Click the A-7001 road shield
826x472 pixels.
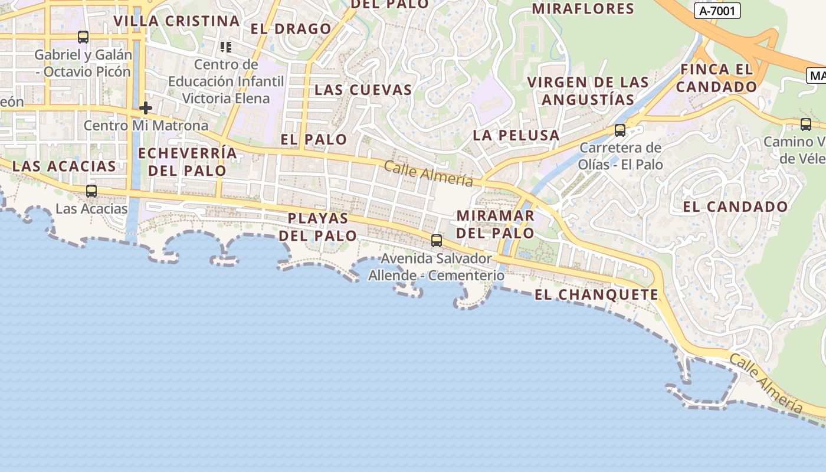717,11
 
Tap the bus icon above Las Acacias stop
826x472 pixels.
91,191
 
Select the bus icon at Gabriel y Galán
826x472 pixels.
83,37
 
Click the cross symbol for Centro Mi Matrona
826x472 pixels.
145,108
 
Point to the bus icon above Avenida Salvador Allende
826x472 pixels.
437,240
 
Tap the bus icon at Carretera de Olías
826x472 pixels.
620,130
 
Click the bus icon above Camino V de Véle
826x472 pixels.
806,124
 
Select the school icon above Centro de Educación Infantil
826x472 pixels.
226,47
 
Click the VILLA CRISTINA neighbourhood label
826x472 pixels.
176,21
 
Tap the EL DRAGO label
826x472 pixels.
291,29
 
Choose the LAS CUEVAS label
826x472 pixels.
363,90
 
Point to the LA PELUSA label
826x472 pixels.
516,135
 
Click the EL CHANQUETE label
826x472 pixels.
596,294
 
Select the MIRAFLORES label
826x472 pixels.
583,9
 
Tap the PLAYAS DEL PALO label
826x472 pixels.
318,227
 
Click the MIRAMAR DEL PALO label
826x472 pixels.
496,224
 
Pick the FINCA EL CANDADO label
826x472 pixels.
716,78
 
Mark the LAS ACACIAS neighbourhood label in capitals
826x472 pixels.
64,166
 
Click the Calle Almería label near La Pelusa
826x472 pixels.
429,173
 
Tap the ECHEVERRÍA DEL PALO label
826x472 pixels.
187,162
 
